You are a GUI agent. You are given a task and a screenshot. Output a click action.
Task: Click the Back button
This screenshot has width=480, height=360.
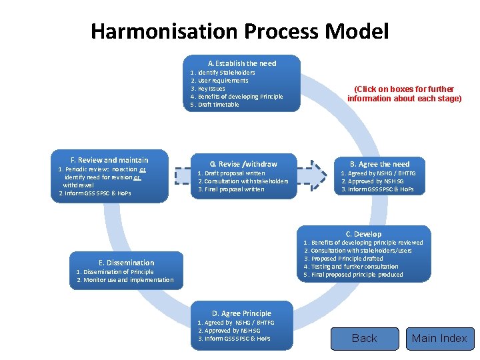(364, 339)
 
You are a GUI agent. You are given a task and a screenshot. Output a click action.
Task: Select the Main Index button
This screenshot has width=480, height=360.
(439, 339)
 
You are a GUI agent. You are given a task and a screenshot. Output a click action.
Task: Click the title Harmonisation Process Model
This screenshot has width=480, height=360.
(239, 31)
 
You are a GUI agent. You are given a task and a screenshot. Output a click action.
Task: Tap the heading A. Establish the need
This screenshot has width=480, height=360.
(241, 63)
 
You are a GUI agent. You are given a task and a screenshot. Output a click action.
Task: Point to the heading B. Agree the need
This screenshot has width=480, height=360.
(380, 164)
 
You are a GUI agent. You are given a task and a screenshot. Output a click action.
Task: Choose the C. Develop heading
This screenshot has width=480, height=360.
(363, 234)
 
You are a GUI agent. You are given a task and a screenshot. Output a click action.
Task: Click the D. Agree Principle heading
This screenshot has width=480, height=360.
(241, 313)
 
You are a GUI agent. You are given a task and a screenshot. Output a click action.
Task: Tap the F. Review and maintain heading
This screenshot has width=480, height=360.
(109, 160)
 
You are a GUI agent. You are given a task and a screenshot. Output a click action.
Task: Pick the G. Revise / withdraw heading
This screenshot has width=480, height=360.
(243, 164)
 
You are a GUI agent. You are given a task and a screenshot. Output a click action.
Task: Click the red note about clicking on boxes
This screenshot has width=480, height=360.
(404, 94)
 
